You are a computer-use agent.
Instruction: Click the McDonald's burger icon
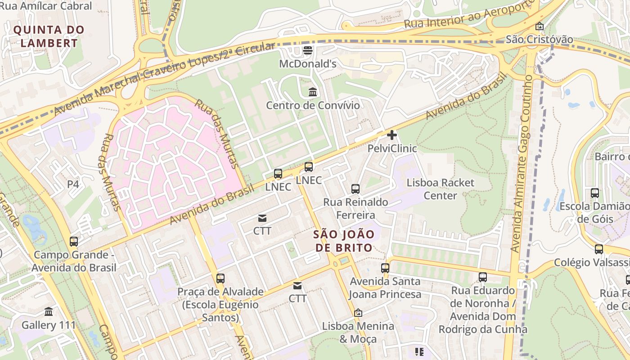coord(308,50)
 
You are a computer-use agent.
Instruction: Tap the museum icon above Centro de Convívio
coord(313,92)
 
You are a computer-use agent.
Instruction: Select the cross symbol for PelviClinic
coord(392,135)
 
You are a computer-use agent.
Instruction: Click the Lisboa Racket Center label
coord(440,189)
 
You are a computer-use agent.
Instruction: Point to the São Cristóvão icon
coord(540,26)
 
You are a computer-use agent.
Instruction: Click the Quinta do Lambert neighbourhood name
coord(49,36)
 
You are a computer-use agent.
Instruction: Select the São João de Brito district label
coord(344,241)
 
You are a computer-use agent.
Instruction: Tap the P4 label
coord(73,184)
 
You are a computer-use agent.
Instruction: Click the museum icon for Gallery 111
coord(49,311)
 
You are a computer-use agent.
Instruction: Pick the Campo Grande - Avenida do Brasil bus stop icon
coord(74,242)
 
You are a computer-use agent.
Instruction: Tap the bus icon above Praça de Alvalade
coord(220,279)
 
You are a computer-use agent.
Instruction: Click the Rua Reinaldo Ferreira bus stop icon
coord(355,189)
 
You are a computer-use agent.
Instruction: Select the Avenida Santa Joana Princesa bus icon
coord(385,268)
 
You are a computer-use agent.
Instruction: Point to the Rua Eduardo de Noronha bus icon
coord(483,277)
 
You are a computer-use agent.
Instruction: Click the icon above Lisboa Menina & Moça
coord(358,312)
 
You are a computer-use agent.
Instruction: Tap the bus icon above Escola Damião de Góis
coord(595,193)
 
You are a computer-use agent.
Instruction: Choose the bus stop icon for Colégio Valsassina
coord(599,249)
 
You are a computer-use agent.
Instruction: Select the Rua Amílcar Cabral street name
coord(46,6)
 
